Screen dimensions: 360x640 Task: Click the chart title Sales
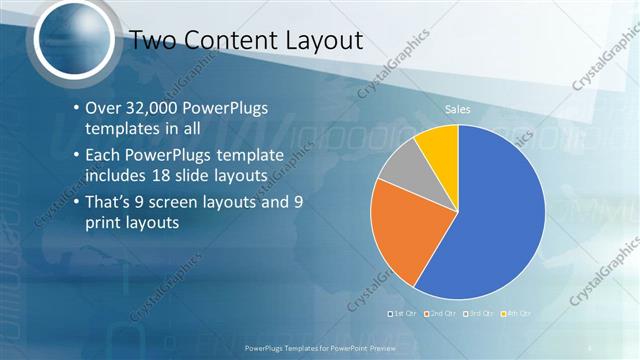pyautogui.click(x=458, y=109)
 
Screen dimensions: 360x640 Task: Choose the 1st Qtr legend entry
pyautogui.click(x=402, y=314)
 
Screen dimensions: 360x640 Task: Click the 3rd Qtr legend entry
pyautogui.click(x=479, y=314)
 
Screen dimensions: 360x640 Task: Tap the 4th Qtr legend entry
pyautogui.click(x=516, y=314)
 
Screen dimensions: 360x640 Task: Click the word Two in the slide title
pyautogui.click(x=155, y=40)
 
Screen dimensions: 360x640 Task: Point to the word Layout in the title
pyautogui.click(x=321, y=40)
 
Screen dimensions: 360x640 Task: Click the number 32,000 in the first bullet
pyautogui.click(x=153, y=107)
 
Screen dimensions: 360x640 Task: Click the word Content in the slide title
pyautogui.click(x=232, y=40)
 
